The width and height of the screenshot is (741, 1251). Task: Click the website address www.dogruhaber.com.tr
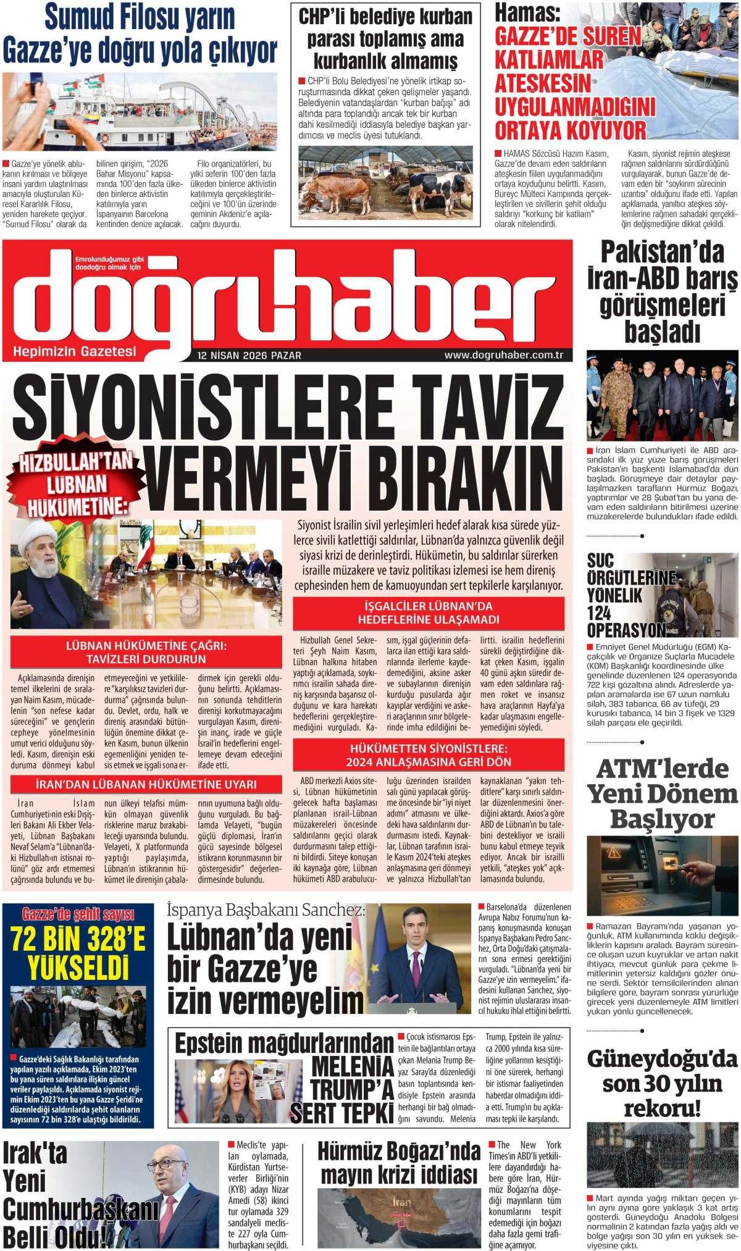tap(505, 355)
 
